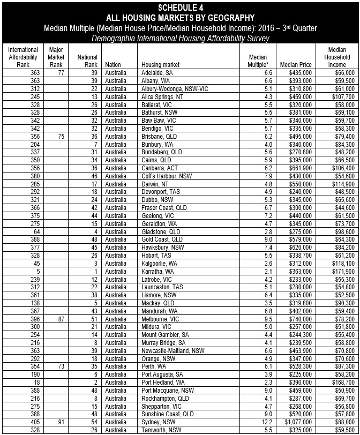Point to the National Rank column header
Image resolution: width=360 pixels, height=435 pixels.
(88, 61)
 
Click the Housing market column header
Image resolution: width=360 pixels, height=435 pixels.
(160, 64)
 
